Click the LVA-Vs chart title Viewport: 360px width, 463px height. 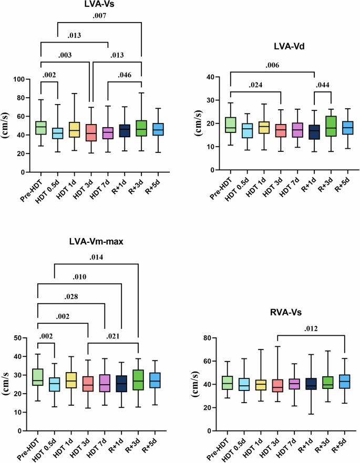coord(91,6)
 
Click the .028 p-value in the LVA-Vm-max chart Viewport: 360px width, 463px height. coord(71,297)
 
